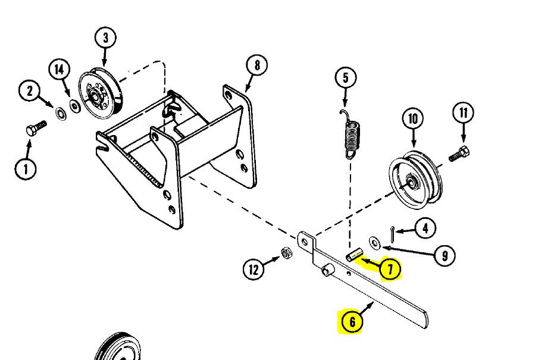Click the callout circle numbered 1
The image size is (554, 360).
25,169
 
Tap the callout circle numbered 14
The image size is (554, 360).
60,70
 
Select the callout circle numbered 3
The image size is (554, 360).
105,39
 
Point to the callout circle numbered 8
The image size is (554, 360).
256,65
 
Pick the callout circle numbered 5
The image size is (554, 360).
345,78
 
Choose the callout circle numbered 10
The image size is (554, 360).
412,118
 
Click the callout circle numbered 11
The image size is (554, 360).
463,112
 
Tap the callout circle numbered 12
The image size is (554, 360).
254,270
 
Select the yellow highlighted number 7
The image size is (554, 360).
390,270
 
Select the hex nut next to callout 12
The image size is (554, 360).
286,253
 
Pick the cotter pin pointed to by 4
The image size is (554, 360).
392,233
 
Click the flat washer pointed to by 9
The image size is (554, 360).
375,242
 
